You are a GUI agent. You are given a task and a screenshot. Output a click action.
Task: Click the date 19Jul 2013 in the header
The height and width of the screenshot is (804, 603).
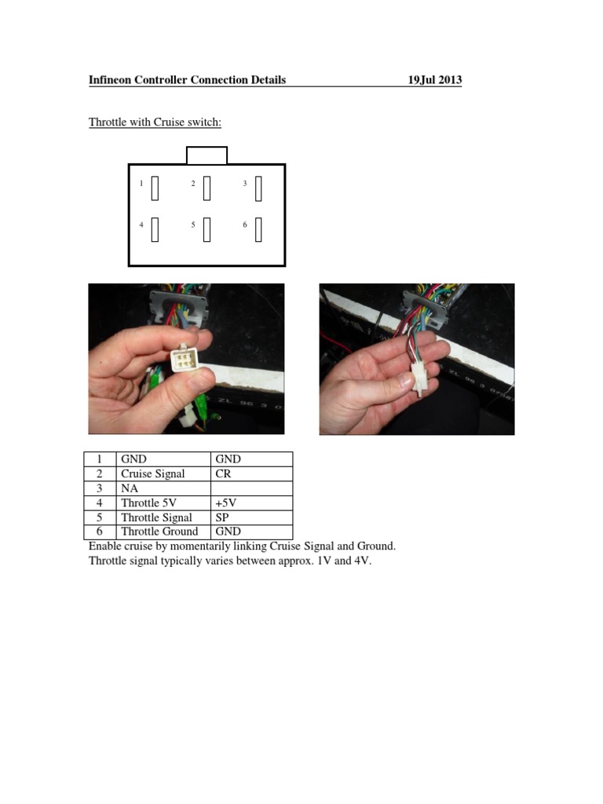434,80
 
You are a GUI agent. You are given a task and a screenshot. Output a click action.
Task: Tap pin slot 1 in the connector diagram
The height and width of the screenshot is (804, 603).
155,188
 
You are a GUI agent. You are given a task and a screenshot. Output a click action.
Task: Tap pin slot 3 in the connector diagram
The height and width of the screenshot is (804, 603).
258,188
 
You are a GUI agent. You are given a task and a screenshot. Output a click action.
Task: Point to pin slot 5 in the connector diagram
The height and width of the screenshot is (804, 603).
206,229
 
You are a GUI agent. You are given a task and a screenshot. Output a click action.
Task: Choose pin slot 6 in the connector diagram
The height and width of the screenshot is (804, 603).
258,229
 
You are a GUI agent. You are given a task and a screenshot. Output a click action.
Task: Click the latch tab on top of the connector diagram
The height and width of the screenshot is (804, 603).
206,155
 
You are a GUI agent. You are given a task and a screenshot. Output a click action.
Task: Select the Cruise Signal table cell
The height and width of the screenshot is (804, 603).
153,474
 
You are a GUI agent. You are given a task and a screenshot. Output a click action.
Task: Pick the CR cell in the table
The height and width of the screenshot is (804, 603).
223,474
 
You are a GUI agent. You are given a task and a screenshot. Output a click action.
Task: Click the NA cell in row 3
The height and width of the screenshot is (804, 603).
130,488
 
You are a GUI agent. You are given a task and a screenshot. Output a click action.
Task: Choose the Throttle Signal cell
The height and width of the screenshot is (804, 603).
156,517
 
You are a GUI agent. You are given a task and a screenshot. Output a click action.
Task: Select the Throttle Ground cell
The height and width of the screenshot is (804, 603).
159,532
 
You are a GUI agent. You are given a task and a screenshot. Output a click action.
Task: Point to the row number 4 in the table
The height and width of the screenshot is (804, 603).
100,503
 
